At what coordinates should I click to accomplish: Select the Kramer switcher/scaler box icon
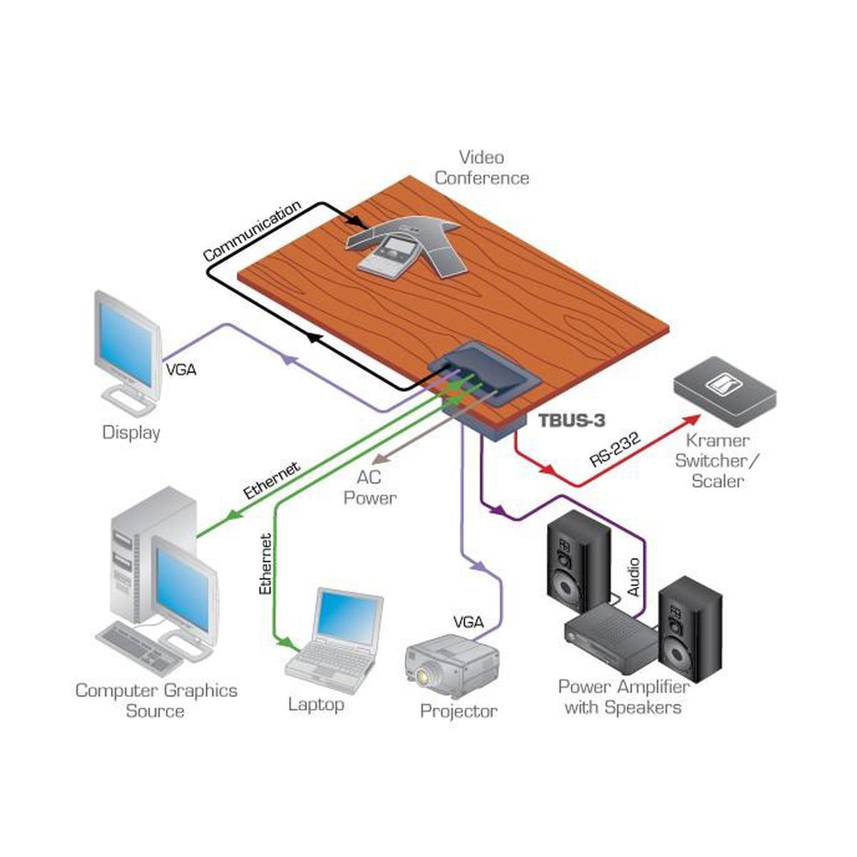point(725,389)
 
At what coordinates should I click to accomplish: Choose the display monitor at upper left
point(128,344)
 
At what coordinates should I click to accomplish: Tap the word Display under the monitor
point(131,432)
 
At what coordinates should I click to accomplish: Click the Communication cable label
point(251,231)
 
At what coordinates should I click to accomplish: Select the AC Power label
point(369,488)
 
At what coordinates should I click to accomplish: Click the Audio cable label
point(633,577)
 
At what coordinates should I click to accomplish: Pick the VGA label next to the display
point(181,370)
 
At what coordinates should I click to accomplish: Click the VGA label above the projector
point(468,621)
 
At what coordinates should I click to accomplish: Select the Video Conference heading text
point(481,167)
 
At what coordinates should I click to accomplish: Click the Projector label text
point(458,711)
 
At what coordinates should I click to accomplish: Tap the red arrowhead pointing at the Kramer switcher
point(692,420)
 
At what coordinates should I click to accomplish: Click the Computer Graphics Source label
point(156,701)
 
